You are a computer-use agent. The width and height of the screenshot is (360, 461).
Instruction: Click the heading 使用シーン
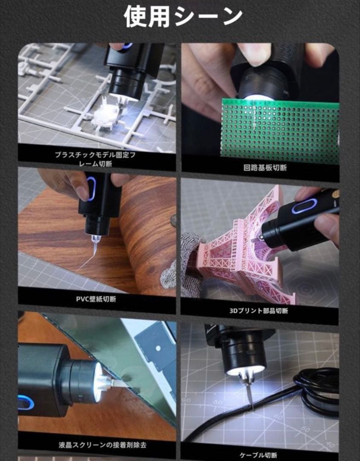[x=183, y=17]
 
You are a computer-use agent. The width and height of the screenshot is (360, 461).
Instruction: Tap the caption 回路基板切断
[x=265, y=168]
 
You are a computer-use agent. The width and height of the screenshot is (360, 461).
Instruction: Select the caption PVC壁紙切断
[x=96, y=299]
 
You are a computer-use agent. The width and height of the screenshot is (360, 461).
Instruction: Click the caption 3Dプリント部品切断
[x=259, y=311]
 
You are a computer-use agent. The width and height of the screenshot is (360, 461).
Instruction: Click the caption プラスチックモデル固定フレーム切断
[x=96, y=159]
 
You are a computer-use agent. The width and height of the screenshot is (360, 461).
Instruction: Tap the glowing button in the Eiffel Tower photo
[x=304, y=208]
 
